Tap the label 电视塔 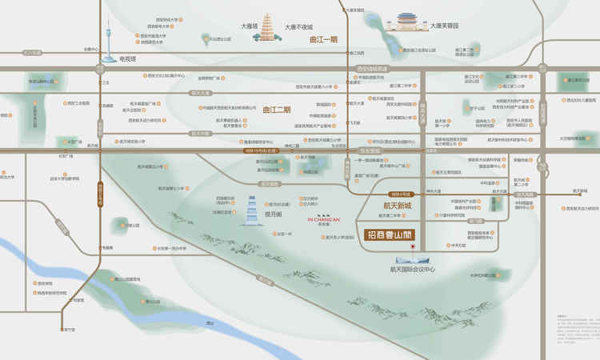coord(128,58)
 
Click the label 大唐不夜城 coord(298,26)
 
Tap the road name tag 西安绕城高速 coord(371,69)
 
